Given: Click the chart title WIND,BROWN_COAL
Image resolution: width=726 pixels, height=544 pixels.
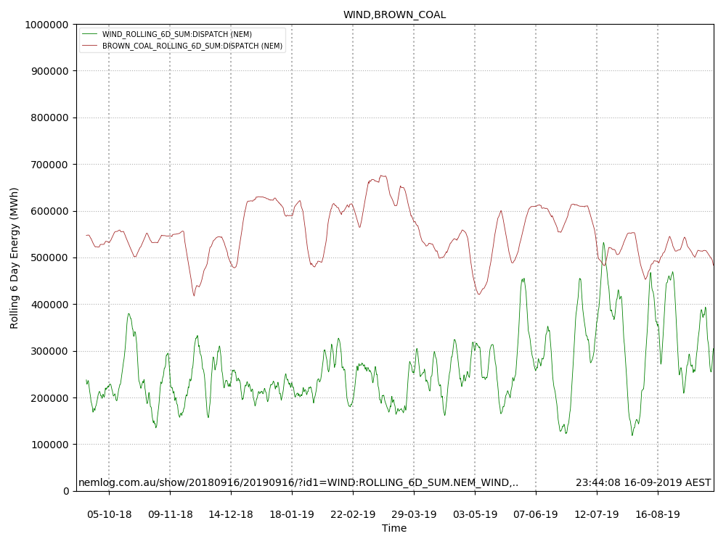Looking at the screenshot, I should (x=394, y=15).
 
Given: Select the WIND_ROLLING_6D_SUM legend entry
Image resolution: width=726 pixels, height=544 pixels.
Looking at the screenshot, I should (x=177, y=34).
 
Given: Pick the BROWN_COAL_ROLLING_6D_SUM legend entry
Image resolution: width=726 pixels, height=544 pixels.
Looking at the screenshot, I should (x=192, y=46).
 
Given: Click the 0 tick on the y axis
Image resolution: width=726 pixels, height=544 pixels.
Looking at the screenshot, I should (x=66, y=491).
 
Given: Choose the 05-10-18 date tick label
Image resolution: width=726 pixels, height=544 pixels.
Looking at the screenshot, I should (x=109, y=514).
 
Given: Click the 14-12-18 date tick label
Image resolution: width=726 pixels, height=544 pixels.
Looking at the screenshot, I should (x=231, y=514).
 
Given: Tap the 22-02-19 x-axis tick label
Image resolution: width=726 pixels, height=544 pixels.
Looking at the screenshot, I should (x=353, y=514).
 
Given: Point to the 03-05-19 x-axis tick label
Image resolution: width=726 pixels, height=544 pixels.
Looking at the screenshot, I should (x=475, y=514).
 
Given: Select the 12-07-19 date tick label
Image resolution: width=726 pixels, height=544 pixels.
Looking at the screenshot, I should (x=597, y=514).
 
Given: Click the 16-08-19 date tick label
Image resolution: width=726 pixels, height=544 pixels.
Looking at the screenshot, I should (x=658, y=514).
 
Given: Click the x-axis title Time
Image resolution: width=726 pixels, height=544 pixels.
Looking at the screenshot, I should (x=394, y=528).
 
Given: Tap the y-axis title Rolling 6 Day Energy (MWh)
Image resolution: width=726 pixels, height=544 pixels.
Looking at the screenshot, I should (x=15, y=257).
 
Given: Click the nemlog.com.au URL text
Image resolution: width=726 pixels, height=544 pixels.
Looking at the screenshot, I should (x=298, y=482).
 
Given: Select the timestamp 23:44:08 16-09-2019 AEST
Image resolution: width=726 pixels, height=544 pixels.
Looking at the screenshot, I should (x=643, y=482).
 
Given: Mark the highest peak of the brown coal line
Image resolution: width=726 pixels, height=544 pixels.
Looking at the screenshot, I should (x=382, y=176).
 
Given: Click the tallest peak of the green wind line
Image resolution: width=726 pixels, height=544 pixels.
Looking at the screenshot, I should (x=603, y=243).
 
